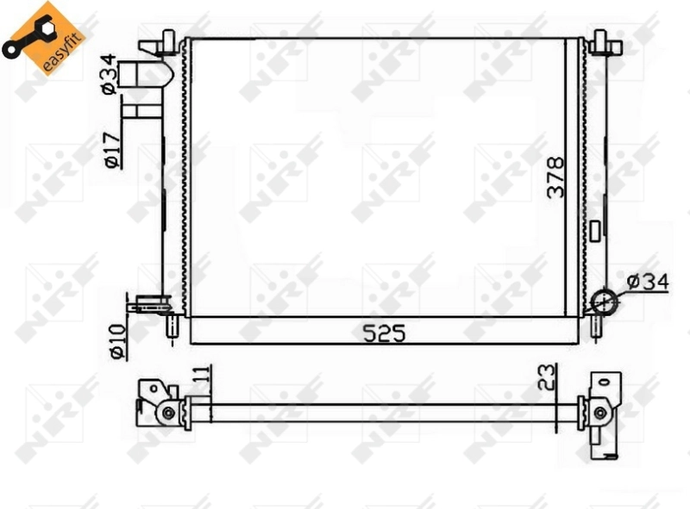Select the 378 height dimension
(556, 177)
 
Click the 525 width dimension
(384, 332)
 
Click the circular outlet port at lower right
(604, 301)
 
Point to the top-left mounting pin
(169, 40)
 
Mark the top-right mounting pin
(601, 40)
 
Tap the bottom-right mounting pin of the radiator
(596, 326)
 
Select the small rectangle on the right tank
(595, 230)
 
